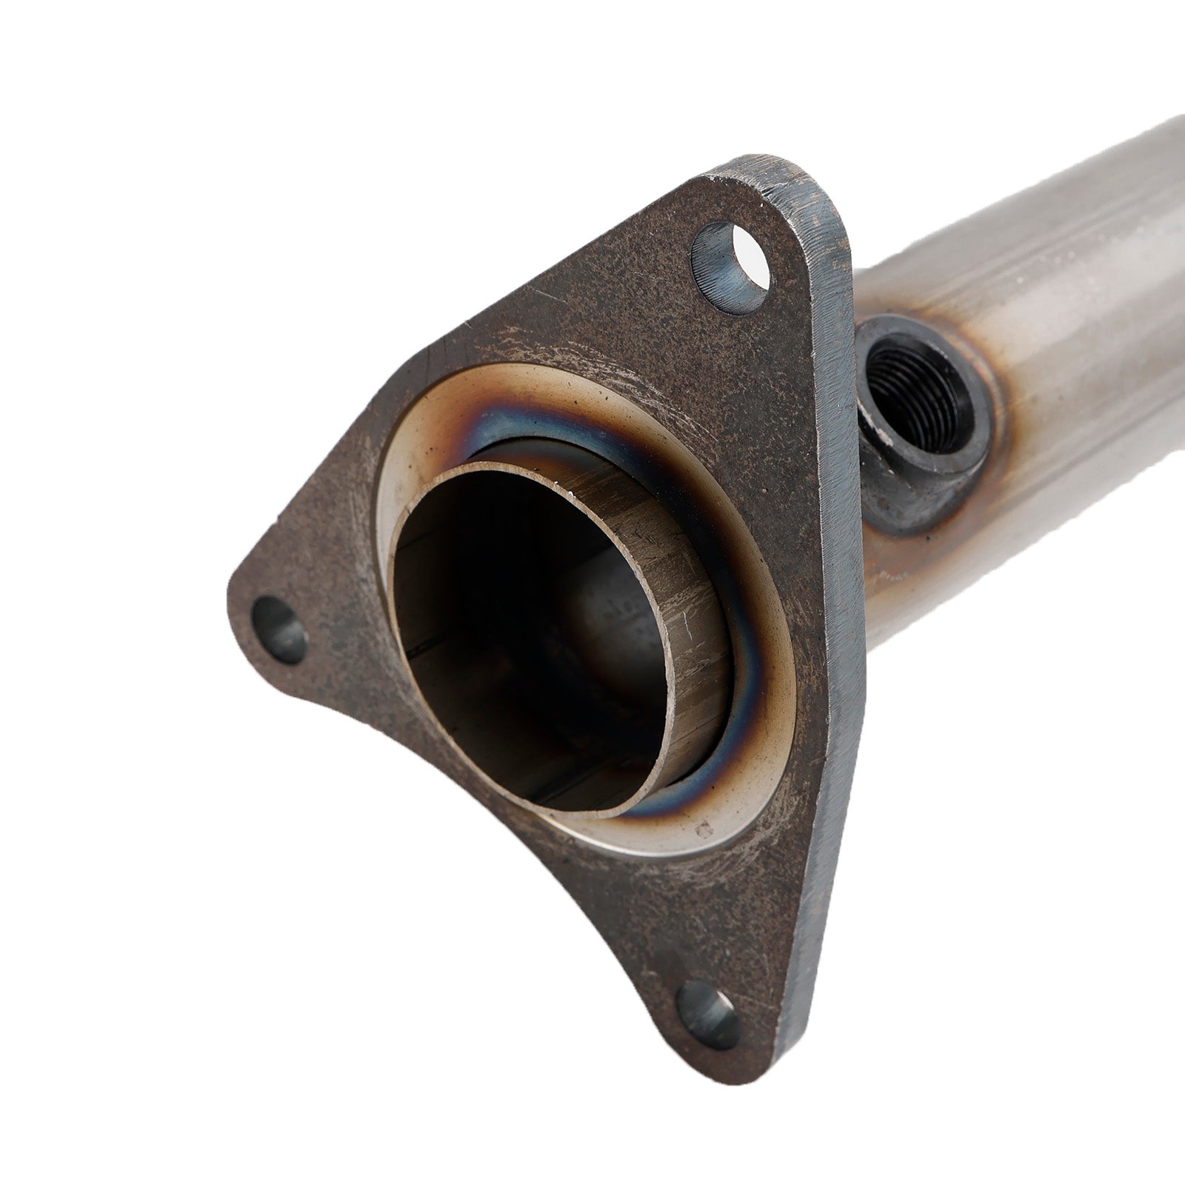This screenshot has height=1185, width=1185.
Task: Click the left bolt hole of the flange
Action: (x=280, y=630)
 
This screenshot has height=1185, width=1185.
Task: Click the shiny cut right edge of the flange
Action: (x=841, y=592)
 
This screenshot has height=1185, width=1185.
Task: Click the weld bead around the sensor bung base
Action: (x=911, y=518)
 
